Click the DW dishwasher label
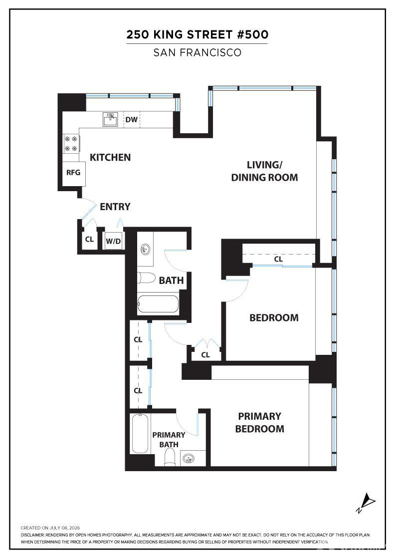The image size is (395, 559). pos(132,119)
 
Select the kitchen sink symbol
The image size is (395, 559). pos(110,119)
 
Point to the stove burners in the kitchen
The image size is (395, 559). pos(71,144)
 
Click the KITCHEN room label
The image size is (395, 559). pos(110,157)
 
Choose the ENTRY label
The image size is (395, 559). pos(115,207)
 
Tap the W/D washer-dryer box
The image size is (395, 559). pos(113,241)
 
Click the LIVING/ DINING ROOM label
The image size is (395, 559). pos(264,171)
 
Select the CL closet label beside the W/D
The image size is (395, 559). pos(89,239)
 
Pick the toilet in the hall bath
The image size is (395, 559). pos(147,278)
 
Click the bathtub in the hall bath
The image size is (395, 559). pos(158,304)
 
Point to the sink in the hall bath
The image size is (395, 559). pos(145,249)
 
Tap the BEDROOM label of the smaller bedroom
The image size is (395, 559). pos(274,317)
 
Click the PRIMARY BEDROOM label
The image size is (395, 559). pos(260,422)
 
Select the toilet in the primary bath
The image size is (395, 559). pos(171,457)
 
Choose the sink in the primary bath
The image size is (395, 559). pos(188,459)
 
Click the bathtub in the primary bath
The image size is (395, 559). pos(140,433)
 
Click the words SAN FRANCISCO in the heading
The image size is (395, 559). pos(197,53)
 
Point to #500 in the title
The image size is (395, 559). pos(252,34)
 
